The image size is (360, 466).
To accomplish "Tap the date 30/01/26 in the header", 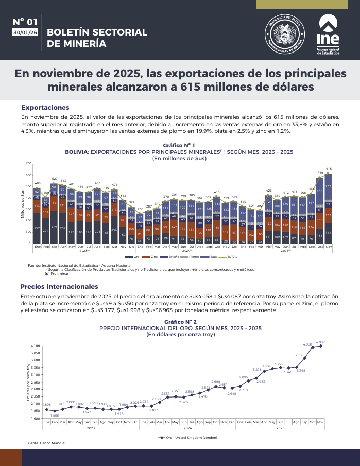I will pos(25,32).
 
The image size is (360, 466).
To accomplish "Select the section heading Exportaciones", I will pos(45,107).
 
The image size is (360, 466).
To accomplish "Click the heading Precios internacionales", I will pos(59,286).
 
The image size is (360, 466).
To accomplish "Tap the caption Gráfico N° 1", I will pos(179,146).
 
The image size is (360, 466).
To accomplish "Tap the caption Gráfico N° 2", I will pos(180,321).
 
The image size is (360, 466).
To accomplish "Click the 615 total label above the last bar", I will pos(329,169).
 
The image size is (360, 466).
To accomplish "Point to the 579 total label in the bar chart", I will pos(320,173).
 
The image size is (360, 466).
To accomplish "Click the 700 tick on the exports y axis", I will pos(28,163).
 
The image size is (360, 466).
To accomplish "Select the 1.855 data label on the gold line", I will pos(55,415).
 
